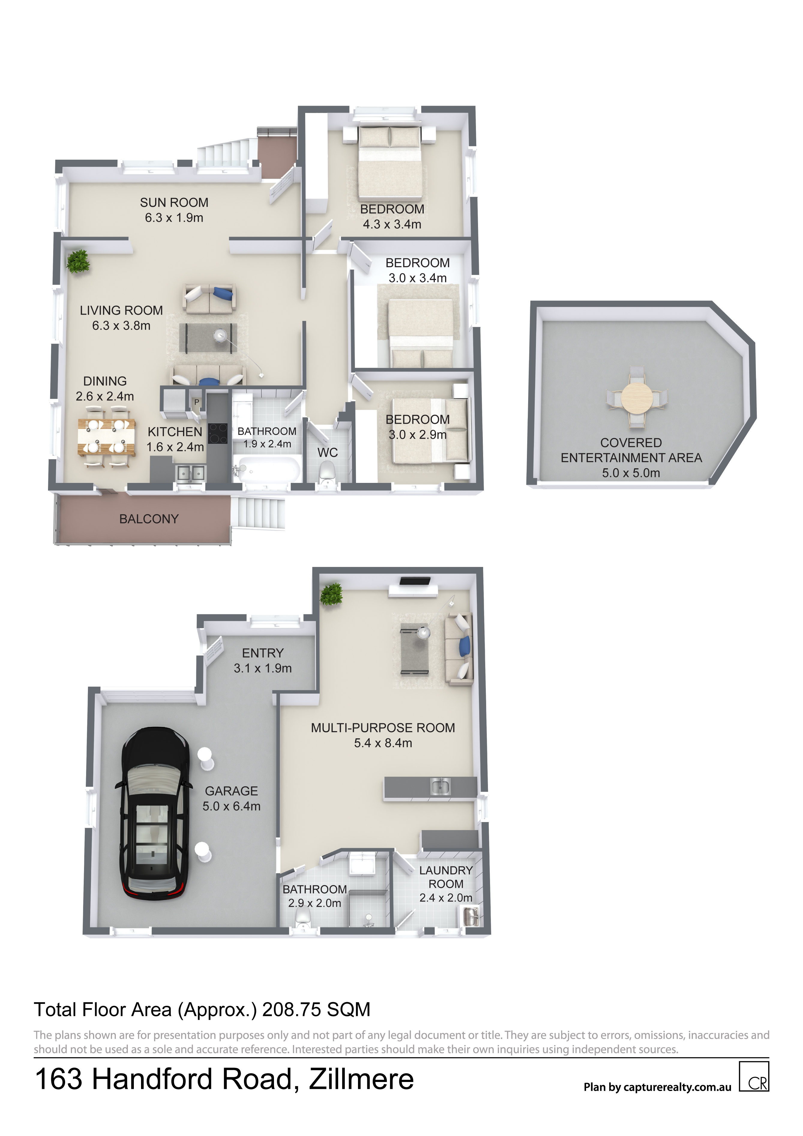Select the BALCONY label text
(149, 519)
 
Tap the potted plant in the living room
(78, 261)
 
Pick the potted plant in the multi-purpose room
(331, 594)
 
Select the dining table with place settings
(106, 437)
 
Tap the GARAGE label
(232, 791)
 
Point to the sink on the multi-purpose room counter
(440, 786)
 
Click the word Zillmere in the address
(361, 1079)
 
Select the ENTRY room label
(263, 653)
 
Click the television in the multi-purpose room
(415, 581)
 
